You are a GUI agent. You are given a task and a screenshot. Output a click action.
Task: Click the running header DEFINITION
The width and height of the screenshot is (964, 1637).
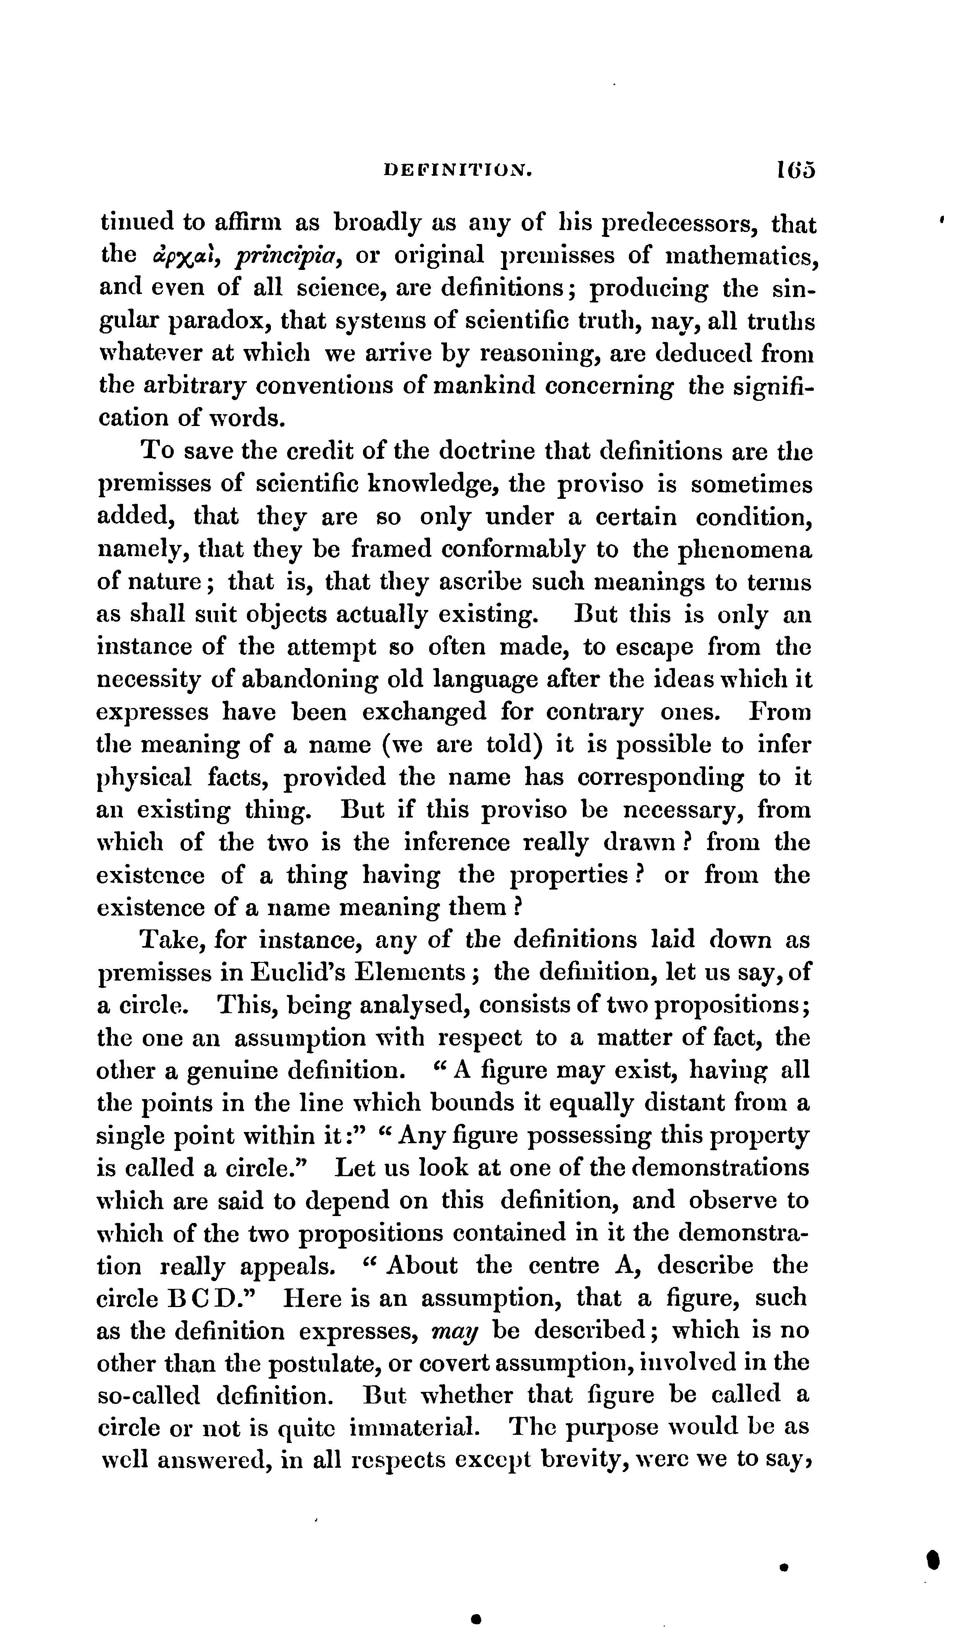(459, 171)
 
